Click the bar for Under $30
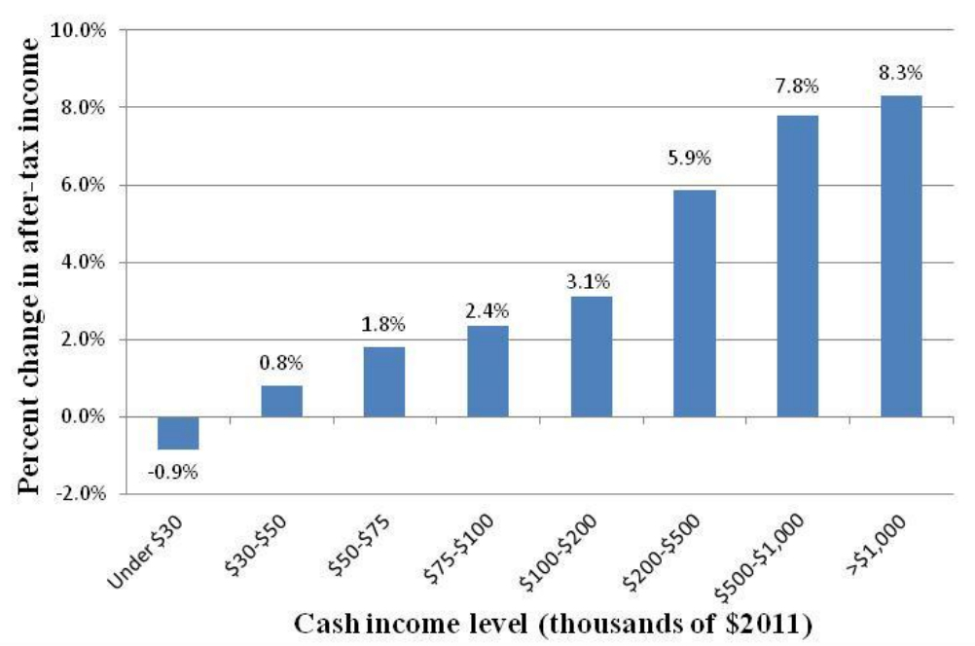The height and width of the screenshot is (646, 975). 178,433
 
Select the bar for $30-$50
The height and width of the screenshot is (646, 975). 281,401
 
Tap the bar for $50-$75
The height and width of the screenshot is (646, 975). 384,381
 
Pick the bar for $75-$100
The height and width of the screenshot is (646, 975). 487,371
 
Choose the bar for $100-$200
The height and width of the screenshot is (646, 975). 591,356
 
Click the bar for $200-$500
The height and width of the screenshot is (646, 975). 694,303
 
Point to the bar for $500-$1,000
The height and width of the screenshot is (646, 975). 797,266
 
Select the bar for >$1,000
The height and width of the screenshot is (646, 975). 900,256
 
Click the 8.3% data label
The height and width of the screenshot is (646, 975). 900,72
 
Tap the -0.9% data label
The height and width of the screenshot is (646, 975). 175,473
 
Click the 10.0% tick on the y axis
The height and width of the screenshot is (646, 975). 85,30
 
